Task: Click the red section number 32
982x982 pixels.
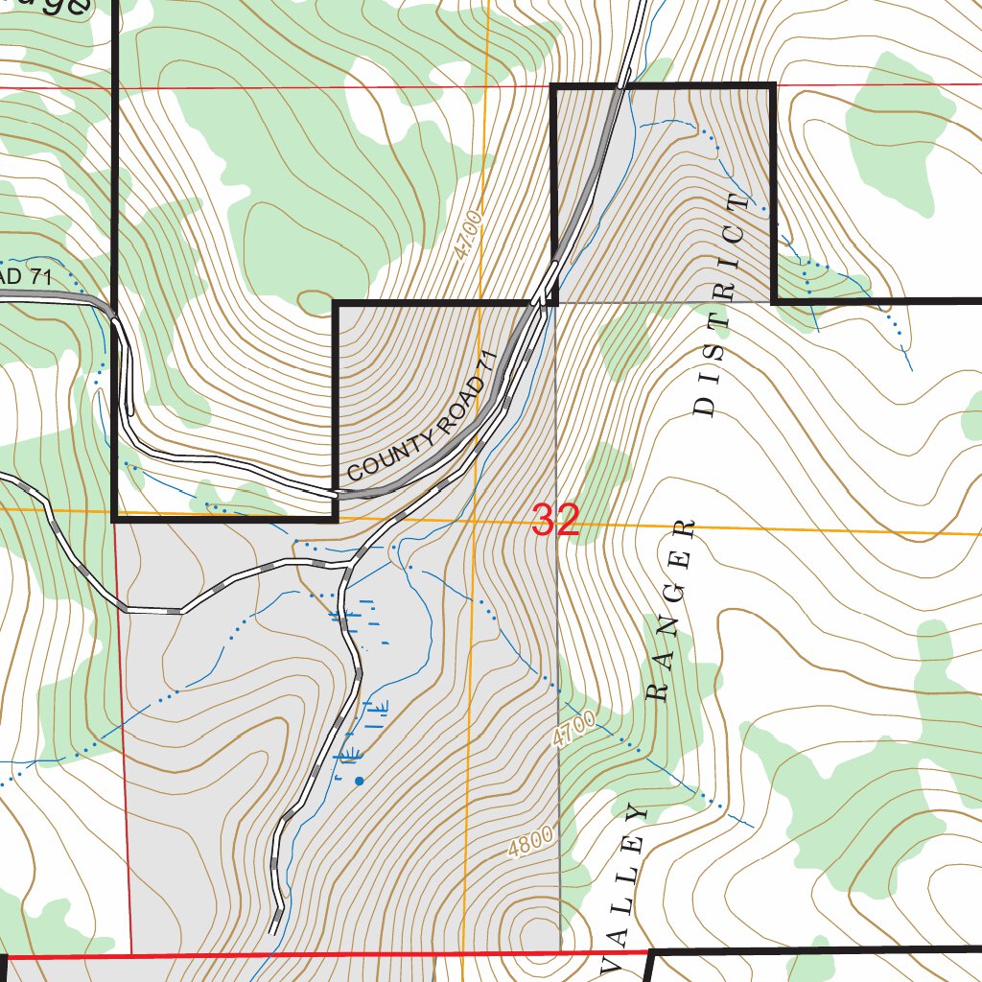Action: [x=555, y=520]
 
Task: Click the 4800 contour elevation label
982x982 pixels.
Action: [x=532, y=843]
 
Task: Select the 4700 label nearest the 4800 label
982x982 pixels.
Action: [x=573, y=730]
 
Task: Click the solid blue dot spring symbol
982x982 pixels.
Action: [x=360, y=781]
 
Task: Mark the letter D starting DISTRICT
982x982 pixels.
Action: [x=704, y=405]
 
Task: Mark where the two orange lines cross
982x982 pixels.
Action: [x=474, y=521]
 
